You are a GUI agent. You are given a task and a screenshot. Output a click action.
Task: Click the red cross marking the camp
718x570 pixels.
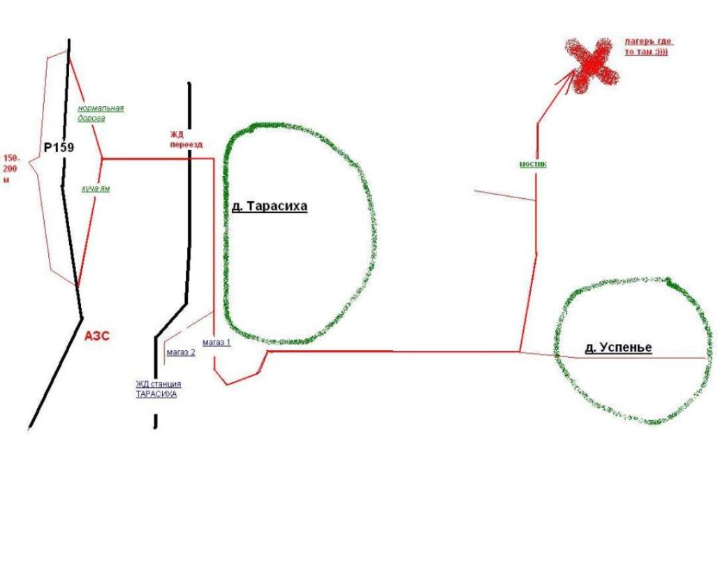click(x=592, y=64)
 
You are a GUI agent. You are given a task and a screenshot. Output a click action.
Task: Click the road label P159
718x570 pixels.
click(x=59, y=148)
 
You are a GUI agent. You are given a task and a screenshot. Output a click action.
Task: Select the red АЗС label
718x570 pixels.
click(x=97, y=336)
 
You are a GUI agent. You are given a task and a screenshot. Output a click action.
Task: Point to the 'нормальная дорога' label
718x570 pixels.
click(x=101, y=113)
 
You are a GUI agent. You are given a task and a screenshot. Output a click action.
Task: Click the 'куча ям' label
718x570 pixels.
click(x=96, y=189)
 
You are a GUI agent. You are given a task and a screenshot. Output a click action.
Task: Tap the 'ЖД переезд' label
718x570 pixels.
click(x=186, y=140)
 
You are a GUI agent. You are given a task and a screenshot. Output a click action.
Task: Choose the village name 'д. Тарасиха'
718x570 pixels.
click(x=270, y=207)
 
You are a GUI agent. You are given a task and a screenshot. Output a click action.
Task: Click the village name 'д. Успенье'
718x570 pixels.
click(x=618, y=347)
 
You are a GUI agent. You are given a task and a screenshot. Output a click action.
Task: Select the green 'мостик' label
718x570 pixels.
click(x=533, y=164)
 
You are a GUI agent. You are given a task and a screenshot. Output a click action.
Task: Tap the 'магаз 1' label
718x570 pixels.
click(x=217, y=342)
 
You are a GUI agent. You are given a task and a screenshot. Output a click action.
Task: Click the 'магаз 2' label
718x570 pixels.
click(x=181, y=352)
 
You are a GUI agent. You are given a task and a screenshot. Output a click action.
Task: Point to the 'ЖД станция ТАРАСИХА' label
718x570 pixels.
click(x=159, y=389)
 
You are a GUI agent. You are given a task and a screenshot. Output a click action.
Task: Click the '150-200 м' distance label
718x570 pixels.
click(x=11, y=169)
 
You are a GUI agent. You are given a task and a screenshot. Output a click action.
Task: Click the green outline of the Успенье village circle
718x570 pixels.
click(x=556, y=352)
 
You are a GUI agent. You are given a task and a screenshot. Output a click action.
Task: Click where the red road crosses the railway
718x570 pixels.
click(x=189, y=159)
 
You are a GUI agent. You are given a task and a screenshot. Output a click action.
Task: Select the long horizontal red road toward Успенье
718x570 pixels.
click(x=394, y=352)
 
